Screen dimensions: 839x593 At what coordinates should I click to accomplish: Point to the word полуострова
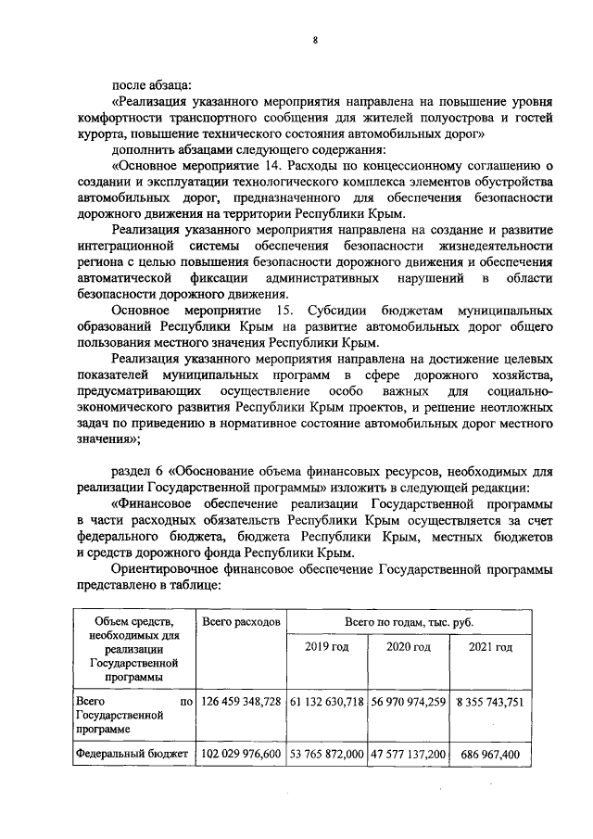445,118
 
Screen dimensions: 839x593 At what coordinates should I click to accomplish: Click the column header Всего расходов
241,620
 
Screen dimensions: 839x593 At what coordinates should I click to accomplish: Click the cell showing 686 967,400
488,755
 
